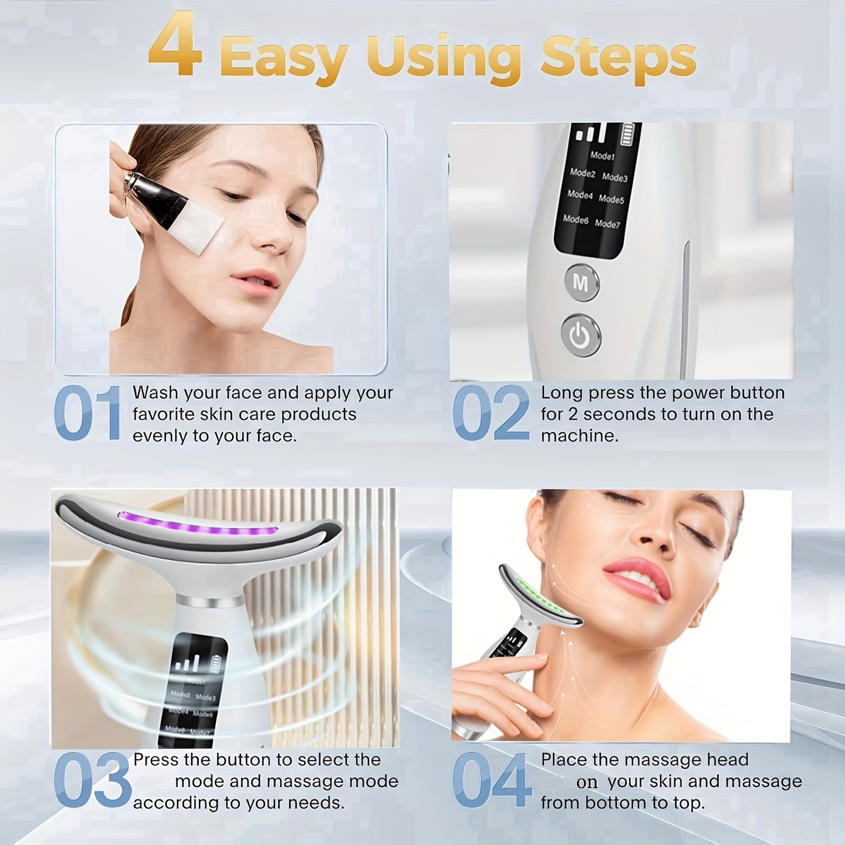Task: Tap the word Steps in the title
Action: tap(618, 58)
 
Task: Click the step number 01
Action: tap(87, 413)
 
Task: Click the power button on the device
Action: tap(580, 336)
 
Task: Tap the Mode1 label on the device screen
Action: tap(602, 156)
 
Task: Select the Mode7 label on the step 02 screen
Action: tap(607, 223)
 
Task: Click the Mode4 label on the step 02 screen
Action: tap(580, 194)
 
